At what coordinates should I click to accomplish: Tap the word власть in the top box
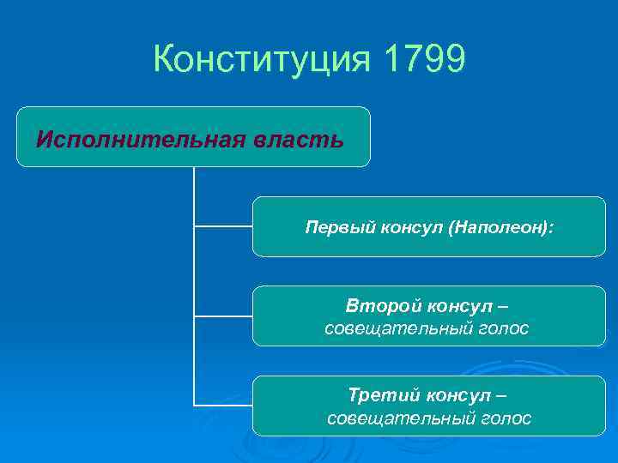click(300, 139)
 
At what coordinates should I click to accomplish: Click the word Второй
click(375, 306)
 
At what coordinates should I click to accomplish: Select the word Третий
click(377, 395)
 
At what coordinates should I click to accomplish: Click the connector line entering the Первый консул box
click(223, 227)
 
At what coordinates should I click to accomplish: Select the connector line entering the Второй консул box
click(223, 316)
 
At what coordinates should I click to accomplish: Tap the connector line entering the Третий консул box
click(223, 404)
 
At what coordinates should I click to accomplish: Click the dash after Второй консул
click(501, 306)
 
